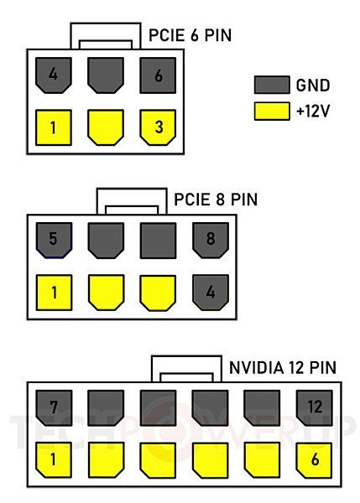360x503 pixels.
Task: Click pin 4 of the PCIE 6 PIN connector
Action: [x=54, y=75]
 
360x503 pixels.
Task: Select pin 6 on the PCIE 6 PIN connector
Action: [x=158, y=75]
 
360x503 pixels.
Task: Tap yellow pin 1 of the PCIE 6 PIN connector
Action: [x=54, y=127]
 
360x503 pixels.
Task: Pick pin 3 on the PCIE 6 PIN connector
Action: [x=158, y=127]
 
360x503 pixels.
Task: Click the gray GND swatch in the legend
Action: [x=272, y=85]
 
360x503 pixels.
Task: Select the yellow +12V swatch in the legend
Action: [x=272, y=111]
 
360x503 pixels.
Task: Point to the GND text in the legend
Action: [x=313, y=86]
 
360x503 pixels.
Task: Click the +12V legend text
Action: [x=313, y=111]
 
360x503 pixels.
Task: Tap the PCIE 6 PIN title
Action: [x=190, y=35]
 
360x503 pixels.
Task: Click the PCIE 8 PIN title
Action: [x=216, y=200]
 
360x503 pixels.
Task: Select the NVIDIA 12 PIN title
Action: [x=283, y=368]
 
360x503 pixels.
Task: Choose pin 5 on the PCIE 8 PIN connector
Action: [x=54, y=241]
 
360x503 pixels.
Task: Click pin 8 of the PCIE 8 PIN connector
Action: [x=211, y=241]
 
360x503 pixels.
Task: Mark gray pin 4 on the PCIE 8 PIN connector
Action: [x=211, y=293]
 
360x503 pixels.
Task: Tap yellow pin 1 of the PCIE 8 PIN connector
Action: [x=54, y=293]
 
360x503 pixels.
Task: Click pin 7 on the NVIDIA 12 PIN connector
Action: [x=54, y=407]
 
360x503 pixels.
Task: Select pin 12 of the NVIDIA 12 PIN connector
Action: [x=315, y=407]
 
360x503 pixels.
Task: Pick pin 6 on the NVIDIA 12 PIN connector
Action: [x=315, y=460]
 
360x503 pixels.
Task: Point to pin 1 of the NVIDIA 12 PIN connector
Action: [x=54, y=460]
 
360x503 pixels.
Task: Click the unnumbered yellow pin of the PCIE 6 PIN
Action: [x=106, y=127]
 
